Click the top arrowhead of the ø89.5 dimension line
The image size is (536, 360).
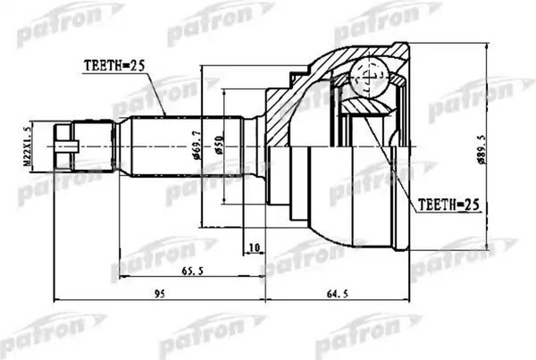click(x=485, y=44)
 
